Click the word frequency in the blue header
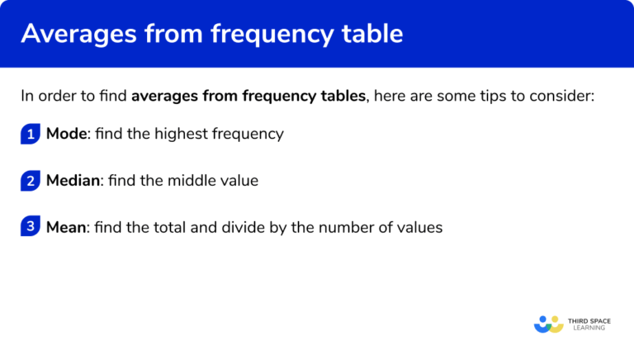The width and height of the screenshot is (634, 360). click(263, 35)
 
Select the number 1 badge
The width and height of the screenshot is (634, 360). click(31, 135)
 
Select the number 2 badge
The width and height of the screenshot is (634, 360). click(31, 181)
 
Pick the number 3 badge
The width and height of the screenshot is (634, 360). click(31, 227)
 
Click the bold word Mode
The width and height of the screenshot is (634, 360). click(66, 134)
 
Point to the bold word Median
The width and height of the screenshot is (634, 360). click(73, 180)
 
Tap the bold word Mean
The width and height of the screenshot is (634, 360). click(66, 226)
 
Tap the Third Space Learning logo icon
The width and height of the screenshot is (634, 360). click(548, 324)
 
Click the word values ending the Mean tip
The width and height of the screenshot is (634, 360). click(422, 226)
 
